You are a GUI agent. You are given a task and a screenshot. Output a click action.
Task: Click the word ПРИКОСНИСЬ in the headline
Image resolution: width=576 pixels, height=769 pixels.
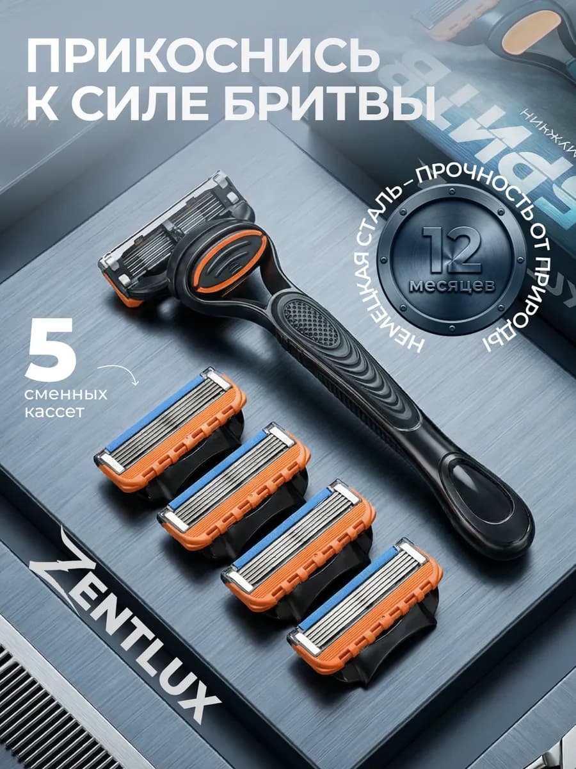click(x=199, y=57)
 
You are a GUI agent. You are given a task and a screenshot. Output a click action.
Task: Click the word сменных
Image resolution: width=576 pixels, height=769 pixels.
click(x=66, y=393)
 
